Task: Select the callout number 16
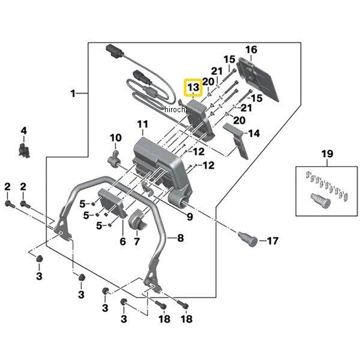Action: tap(251, 49)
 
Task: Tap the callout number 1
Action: tap(73, 94)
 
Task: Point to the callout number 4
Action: tap(24, 131)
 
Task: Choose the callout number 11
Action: tap(142, 125)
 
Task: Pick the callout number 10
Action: tap(115, 139)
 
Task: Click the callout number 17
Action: tap(272, 241)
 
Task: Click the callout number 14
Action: tap(254, 134)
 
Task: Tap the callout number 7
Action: tap(136, 242)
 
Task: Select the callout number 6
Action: tap(122, 242)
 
